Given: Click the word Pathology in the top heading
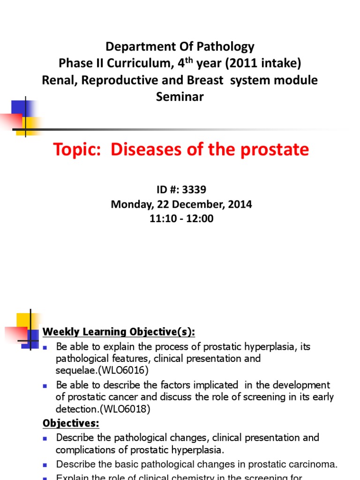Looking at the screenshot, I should pyautogui.click(x=228, y=46).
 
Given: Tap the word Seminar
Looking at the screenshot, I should pyautogui.click(x=180, y=97).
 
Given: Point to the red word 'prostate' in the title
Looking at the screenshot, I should pyautogui.click(x=274, y=150).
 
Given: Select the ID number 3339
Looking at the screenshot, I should pyautogui.click(x=195, y=190).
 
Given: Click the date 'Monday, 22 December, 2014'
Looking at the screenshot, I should pyautogui.click(x=181, y=204).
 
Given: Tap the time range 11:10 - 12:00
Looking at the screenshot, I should pyautogui.click(x=181, y=218).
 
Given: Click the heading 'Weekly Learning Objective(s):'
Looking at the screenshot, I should pyautogui.click(x=119, y=332).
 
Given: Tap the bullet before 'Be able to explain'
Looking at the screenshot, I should pyautogui.click(x=45, y=348).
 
